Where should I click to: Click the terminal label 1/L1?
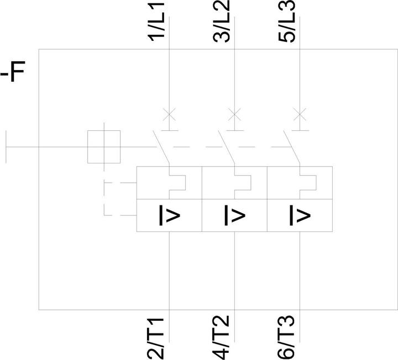pos(156,22)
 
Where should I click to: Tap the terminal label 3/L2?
pos(222,21)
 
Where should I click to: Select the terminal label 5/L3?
pos(287,21)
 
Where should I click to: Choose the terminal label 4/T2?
pos(221,337)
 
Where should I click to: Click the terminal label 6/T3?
pos(286,337)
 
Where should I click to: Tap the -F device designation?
pos(13,71)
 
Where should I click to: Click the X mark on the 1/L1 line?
pos(169,115)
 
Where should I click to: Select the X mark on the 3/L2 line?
pos(234,115)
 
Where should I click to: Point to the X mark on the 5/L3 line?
pos(300,115)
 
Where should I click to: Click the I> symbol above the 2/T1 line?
pos(169,215)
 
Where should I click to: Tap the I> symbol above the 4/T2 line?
pos(235,215)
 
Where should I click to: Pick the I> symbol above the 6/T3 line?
pos(300,215)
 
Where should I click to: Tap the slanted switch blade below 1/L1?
pos(161,147)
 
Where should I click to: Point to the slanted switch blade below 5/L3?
pos(292,147)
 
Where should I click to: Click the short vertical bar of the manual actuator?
pos(6,147)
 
